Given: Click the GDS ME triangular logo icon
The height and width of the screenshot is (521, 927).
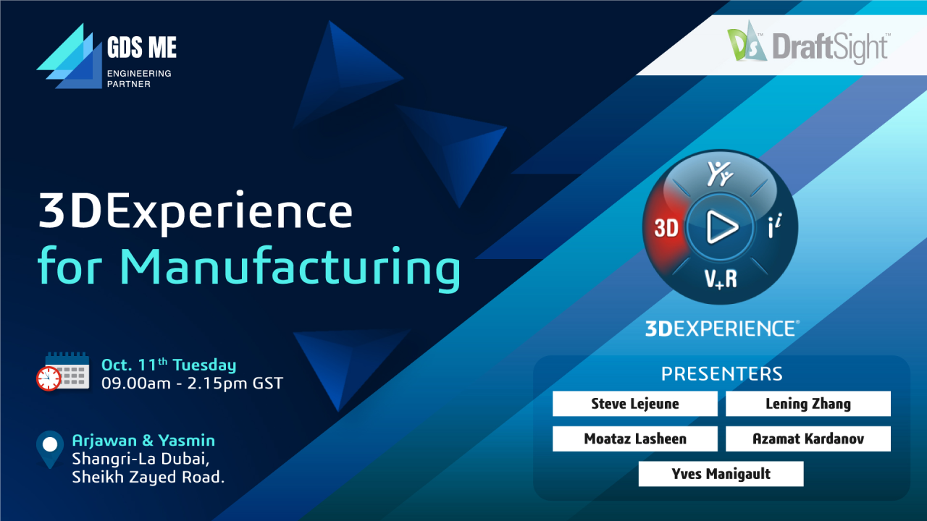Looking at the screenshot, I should pos(69,56).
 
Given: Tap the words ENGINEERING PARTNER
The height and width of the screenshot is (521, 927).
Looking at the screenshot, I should pos(139,78).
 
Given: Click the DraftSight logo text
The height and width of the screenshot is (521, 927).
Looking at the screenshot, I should pos(829,47).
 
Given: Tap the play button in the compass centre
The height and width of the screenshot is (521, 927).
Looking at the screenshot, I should pos(720,228).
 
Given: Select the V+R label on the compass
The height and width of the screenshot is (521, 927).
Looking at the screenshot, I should pos(720,278).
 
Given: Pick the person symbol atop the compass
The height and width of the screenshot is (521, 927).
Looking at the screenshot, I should pos(719,174).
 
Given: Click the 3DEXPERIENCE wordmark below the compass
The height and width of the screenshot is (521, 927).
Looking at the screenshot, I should pos(721,329).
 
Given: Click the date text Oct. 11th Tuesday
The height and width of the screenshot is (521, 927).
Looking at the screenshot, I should pos(168,365).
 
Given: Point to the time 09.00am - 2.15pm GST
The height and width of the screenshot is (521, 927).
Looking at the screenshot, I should pos(192,383).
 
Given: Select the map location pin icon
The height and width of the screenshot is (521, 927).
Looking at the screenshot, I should pos(50,447).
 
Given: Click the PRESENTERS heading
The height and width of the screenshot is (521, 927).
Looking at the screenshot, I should pos(721,373).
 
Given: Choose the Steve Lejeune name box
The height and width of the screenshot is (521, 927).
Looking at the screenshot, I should pos(634,404).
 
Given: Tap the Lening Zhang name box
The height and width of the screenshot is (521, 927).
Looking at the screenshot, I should pos(808,404).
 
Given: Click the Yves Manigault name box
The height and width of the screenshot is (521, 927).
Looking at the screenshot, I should pos(721,474).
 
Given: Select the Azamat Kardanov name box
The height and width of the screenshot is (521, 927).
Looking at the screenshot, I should pos(808,439).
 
